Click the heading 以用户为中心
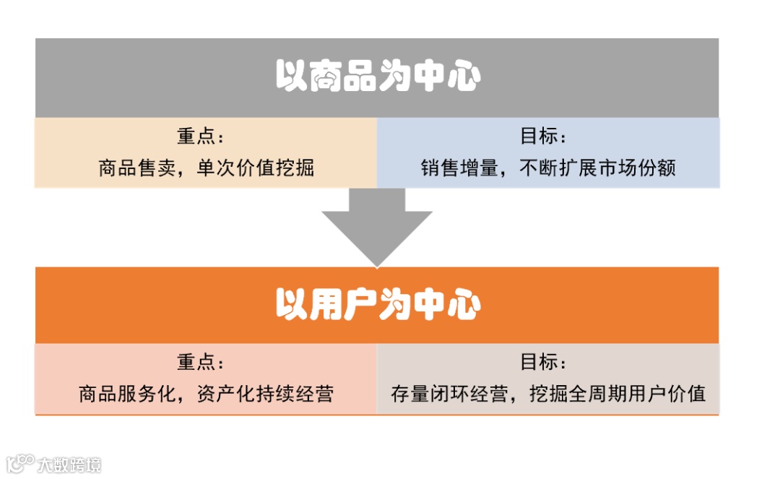click(377, 305)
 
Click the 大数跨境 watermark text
click(70, 465)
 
